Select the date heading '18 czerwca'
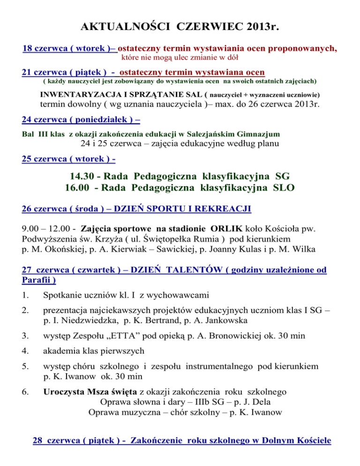click(x=44, y=48)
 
